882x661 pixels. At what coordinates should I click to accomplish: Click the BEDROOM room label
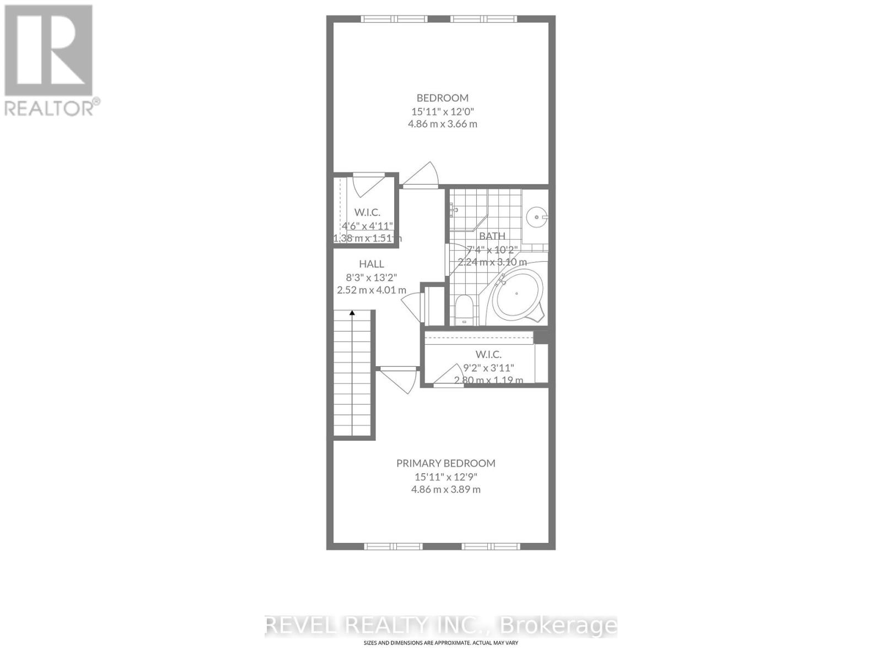tap(442, 98)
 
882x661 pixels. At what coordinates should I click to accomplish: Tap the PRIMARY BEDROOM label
tap(445, 463)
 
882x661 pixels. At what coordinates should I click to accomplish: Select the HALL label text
tap(371, 264)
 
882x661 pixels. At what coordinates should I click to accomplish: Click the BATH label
tap(492, 236)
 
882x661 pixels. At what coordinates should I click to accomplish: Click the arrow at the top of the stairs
tap(352, 313)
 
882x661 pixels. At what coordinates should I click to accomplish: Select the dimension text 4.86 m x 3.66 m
tap(442, 124)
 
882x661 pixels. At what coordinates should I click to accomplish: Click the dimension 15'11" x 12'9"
tap(445, 476)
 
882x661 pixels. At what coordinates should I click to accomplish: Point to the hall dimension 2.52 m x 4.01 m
tap(372, 290)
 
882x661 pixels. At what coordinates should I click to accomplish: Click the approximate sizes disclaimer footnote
tap(440, 643)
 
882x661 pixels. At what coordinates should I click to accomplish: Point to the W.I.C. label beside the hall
tap(367, 212)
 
